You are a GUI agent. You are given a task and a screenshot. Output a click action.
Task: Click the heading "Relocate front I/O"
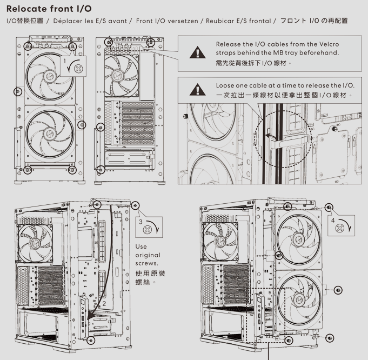49,9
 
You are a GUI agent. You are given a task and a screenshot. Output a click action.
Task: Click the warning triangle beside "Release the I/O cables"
198,52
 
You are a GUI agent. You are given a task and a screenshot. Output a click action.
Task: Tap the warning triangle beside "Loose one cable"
198,90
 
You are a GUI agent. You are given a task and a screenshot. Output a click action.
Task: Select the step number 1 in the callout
65,61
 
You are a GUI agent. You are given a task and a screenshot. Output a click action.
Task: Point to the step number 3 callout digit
140,222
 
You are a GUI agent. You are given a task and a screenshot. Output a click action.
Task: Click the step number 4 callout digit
333,221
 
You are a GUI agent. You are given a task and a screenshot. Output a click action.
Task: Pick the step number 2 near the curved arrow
104,304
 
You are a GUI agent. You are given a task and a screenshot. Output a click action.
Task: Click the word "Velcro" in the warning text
329,44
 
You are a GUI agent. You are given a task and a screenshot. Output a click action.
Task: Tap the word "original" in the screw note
148,255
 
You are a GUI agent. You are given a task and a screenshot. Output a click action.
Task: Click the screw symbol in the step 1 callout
78,69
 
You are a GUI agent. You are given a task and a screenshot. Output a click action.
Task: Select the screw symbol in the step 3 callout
147,230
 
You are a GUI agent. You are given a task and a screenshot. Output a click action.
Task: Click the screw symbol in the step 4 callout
339,228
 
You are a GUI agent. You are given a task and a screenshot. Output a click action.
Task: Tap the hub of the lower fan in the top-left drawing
50,134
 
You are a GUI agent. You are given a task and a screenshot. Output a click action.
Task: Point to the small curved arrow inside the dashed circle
270,137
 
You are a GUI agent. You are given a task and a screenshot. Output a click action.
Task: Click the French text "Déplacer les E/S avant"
90,21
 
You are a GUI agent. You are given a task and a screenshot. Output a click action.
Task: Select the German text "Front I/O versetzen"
167,21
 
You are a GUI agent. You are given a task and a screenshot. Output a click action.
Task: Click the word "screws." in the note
146,263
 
